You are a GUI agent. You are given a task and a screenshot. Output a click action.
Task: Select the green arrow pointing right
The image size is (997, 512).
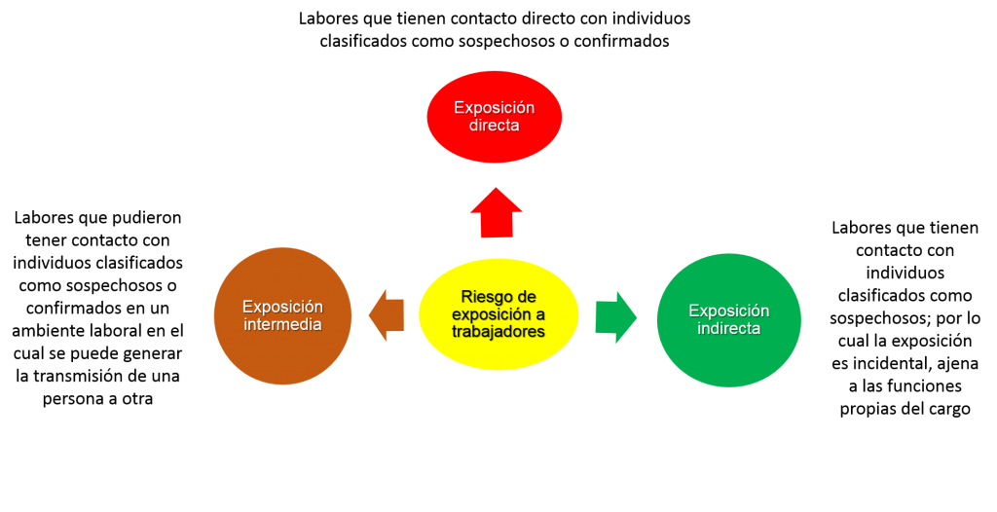[612, 317]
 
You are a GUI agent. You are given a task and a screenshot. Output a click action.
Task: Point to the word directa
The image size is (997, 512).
[495, 126]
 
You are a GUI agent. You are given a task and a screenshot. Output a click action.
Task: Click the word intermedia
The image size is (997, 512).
[282, 324]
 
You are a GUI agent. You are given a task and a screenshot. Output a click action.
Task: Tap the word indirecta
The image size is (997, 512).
[728, 329]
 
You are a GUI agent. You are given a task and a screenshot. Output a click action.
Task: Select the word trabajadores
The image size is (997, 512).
[498, 332]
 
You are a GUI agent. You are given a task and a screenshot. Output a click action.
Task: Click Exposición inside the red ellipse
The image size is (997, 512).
[495, 108]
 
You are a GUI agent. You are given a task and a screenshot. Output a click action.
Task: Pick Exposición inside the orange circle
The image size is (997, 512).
[282, 307]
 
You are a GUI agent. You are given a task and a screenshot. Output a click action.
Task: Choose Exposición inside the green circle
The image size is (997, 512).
[728, 311]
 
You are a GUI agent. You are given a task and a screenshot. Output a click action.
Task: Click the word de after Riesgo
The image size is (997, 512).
[527, 297]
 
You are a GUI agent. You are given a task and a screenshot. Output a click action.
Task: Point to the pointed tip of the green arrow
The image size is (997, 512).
[637, 317]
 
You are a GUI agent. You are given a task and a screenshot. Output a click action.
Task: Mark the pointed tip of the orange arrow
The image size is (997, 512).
[369, 315]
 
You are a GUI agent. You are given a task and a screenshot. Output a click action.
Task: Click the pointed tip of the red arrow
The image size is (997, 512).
[497, 189]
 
